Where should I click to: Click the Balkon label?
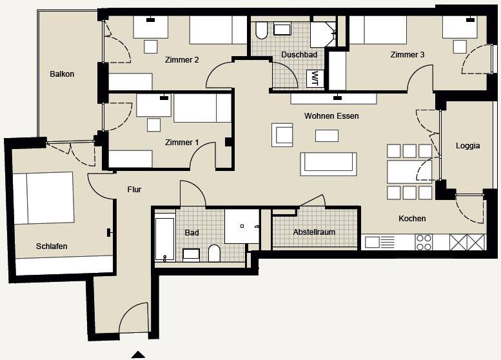pyautogui.click(x=62, y=74)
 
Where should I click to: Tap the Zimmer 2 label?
pyautogui.click(x=182, y=60)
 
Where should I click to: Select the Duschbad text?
pyautogui.click(x=299, y=55)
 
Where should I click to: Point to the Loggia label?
pyautogui.click(x=467, y=146)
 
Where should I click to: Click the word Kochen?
pyautogui.click(x=412, y=219)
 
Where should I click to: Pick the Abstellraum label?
pyautogui.click(x=314, y=232)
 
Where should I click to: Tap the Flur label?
pyautogui.click(x=134, y=190)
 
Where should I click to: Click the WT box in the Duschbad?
pyautogui.click(x=315, y=78)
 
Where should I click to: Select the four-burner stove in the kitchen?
pyautogui.click(x=424, y=243)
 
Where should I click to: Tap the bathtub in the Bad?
pyautogui.click(x=165, y=239)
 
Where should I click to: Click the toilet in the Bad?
pyautogui.click(x=214, y=253)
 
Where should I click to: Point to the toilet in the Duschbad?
pyautogui.click(x=261, y=30)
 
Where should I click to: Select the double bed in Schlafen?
pyautogui.click(x=43, y=198)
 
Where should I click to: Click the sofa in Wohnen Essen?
pyautogui.click(x=328, y=164)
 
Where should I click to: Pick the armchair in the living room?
pyautogui.click(x=282, y=135)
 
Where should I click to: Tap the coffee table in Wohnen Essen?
pyautogui.click(x=327, y=135)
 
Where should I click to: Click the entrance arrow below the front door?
pyautogui.click(x=139, y=355)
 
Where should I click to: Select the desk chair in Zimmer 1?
pyautogui.click(x=153, y=125)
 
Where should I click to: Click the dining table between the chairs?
pyautogui.click(x=409, y=172)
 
